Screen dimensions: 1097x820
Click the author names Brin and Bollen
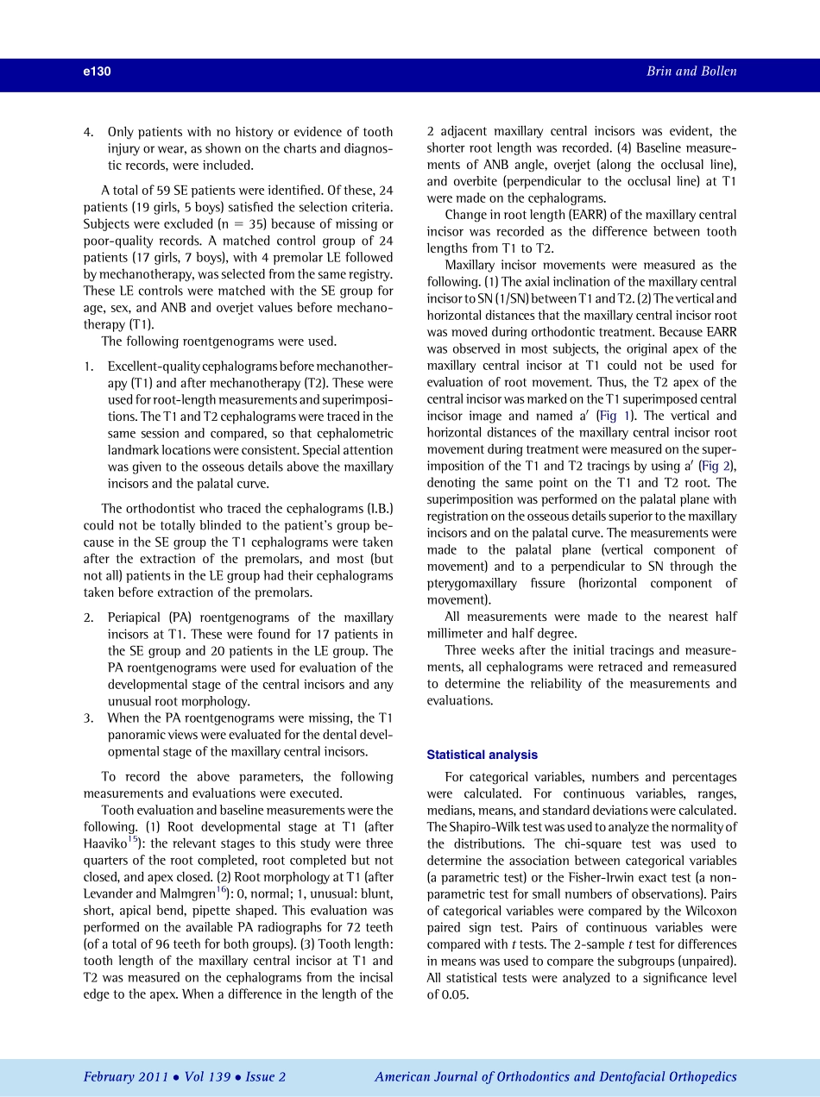[x=691, y=72]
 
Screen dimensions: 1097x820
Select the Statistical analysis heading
[x=482, y=755]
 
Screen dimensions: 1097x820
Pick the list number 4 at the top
[x=87, y=132]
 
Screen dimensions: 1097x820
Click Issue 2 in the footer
[x=265, y=1076]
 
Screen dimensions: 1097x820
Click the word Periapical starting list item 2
[x=135, y=617]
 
